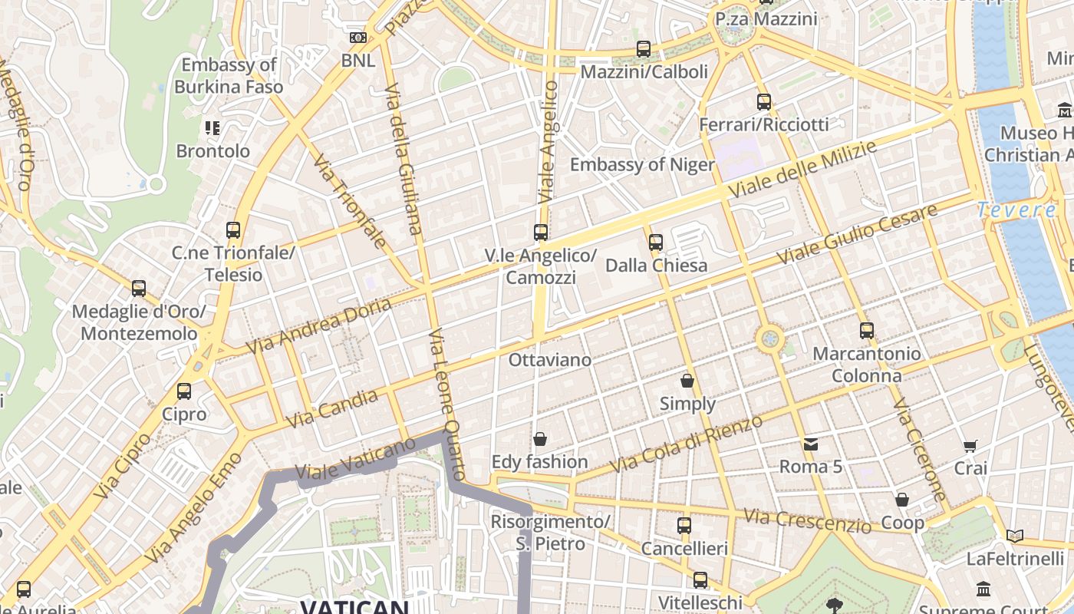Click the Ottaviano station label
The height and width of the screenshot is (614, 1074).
pyautogui.click(x=550, y=360)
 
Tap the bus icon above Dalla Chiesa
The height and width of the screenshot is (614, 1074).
pyautogui.click(x=656, y=243)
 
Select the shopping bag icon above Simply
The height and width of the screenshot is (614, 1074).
pyautogui.click(x=687, y=381)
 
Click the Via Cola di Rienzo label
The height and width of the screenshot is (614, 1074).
pyautogui.click(x=687, y=444)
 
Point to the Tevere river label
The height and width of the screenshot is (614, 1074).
pyautogui.click(x=1016, y=210)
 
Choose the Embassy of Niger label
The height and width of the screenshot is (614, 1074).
pyautogui.click(x=642, y=164)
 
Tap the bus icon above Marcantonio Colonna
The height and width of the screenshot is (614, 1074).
pyautogui.click(x=867, y=331)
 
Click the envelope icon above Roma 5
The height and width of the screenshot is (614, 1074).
pyautogui.click(x=811, y=444)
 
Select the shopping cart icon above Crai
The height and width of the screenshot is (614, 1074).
pyautogui.click(x=970, y=446)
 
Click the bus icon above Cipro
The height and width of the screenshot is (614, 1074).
pyautogui.click(x=184, y=391)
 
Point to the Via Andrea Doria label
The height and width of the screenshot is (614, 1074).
pyautogui.click(x=320, y=326)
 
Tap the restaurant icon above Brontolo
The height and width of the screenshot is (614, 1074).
pyautogui.click(x=212, y=128)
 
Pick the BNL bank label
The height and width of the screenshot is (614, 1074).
pyautogui.click(x=358, y=60)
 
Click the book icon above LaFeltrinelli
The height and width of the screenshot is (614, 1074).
pyautogui.click(x=1015, y=536)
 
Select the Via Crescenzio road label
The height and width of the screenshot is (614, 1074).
pyautogui.click(x=807, y=521)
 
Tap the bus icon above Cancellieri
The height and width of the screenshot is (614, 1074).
pyautogui.click(x=684, y=526)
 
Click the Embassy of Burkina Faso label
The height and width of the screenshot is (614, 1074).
pyautogui.click(x=229, y=75)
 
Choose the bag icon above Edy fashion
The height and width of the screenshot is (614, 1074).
pyautogui.click(x=540, y=439)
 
